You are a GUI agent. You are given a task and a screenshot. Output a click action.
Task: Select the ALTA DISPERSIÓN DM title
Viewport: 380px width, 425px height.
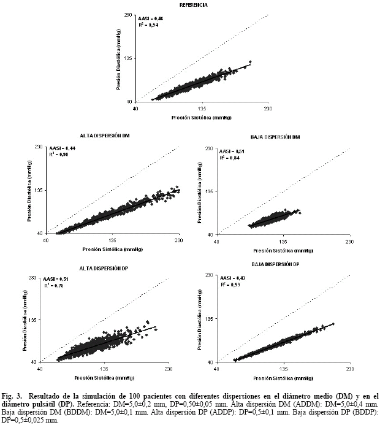(x=104, y=135)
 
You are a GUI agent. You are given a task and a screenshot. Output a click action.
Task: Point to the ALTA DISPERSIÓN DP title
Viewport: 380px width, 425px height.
(x=104, y=268)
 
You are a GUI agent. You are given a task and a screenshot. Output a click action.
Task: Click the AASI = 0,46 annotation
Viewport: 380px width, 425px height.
(x=150, y=19)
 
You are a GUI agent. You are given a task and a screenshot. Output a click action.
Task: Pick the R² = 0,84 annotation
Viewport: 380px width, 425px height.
(x=230, y=158)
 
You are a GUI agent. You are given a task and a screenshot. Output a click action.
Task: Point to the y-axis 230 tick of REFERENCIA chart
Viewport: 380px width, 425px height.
(x=128, y=15)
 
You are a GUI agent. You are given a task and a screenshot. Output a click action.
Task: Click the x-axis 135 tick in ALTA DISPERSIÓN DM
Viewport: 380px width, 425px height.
(x=113, y=240)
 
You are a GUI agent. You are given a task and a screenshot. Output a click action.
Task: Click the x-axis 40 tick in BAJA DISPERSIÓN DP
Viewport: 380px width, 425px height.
(x=219, y=369)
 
